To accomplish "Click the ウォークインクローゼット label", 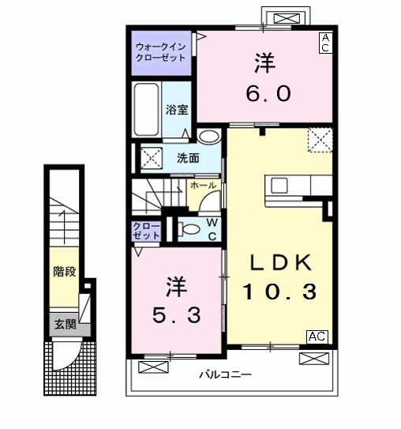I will click(x=161, y=51).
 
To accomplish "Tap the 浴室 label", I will click(x=177, y=110).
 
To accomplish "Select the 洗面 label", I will click(x=188, y=157).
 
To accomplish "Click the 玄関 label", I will click(x=65, y=323).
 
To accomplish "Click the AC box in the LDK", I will click(x=317, y=337).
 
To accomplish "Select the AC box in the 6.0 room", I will click(x=324, y=43).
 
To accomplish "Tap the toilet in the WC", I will click(x=187, y=229).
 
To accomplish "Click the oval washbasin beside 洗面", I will click(x=208, y=137).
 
